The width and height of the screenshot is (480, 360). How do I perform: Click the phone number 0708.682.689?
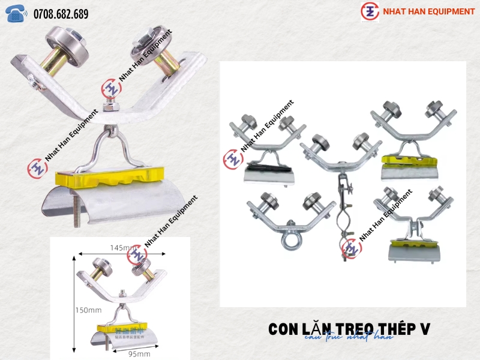coord(61,13)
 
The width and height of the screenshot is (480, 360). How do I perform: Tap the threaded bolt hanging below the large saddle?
coord(76,213)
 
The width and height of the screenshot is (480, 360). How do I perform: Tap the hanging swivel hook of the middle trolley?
coord(344,210)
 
